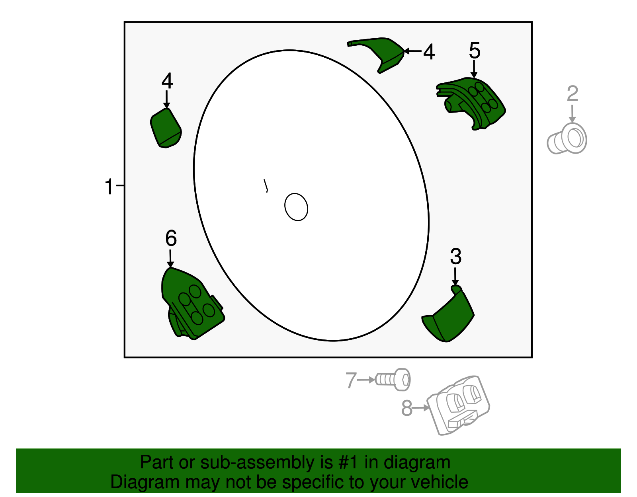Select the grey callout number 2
click(x=572, y=94)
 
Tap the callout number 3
click(x=455, y=257)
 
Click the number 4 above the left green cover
click(x=167, y=81)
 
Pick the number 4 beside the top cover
click(x=429, y=52)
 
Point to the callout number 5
click(x=474, y=51)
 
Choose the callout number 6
click(x=171, y=238)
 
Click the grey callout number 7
click(x=350, y=380)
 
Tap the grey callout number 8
click(x=406, y=408)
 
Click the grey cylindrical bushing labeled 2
click(x=567, y=138)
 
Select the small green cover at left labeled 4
click(x=166, y=128)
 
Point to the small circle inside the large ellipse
click(x=296, y=207)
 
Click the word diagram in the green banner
click(x=417, y=462)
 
